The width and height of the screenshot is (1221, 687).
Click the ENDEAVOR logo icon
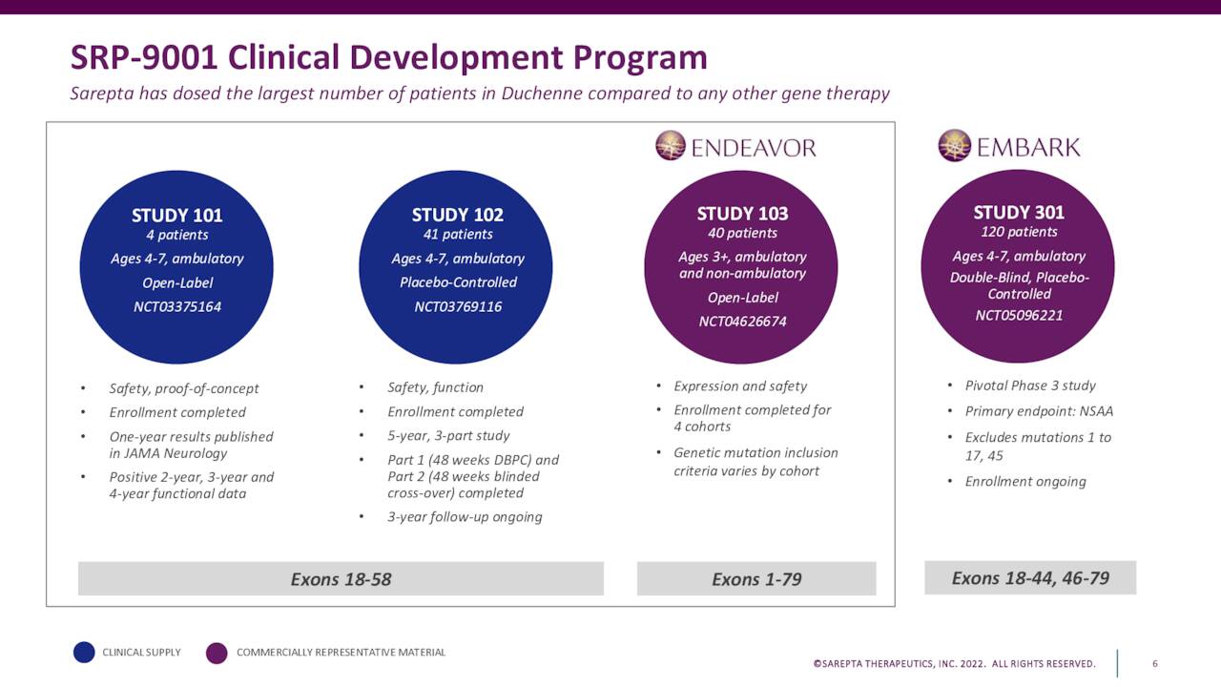click(671, 146)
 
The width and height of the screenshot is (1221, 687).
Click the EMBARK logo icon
click(954, 145)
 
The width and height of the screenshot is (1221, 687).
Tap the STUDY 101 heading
click(176, 216)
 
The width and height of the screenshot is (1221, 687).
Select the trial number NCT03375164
click(176, 306)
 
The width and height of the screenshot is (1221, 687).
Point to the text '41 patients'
click(458, 234)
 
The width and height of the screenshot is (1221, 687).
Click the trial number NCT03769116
click(458, 306)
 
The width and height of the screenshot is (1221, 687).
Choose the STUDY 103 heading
click(742, 213)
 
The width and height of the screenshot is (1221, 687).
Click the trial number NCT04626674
click(742, 322)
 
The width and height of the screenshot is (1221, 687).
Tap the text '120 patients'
click(1019, 232)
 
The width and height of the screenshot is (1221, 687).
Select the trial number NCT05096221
click(1019, 315)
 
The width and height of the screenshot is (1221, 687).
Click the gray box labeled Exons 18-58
click(341, 579)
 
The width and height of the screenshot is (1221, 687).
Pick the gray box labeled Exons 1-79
click(756, 579)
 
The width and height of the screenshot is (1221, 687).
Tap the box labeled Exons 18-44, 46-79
click(1030, 578)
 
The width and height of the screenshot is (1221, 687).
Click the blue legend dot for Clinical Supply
click(85, 653)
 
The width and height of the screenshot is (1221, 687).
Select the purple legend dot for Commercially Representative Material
click(217, 653)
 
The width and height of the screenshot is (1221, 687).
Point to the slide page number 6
click(1155, 663)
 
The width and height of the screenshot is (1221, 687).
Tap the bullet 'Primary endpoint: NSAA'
click(1039, 411)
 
